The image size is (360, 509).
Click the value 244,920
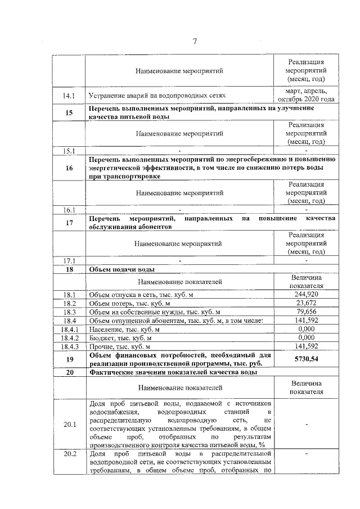[x=306, y=294]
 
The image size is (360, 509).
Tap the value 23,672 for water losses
[x=306, y=303]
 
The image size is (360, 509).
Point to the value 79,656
[x=306, y=312]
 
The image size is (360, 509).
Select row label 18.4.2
[x=69, y=337]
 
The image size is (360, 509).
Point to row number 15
[x=69, y=112]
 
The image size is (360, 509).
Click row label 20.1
[x=69, y=424]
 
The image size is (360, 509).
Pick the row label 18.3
[x=69, y=312]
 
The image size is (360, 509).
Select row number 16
[x=69, y=168]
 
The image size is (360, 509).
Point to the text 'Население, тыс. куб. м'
[x=124, y=329]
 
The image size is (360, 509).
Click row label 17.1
[x=69, y=260]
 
